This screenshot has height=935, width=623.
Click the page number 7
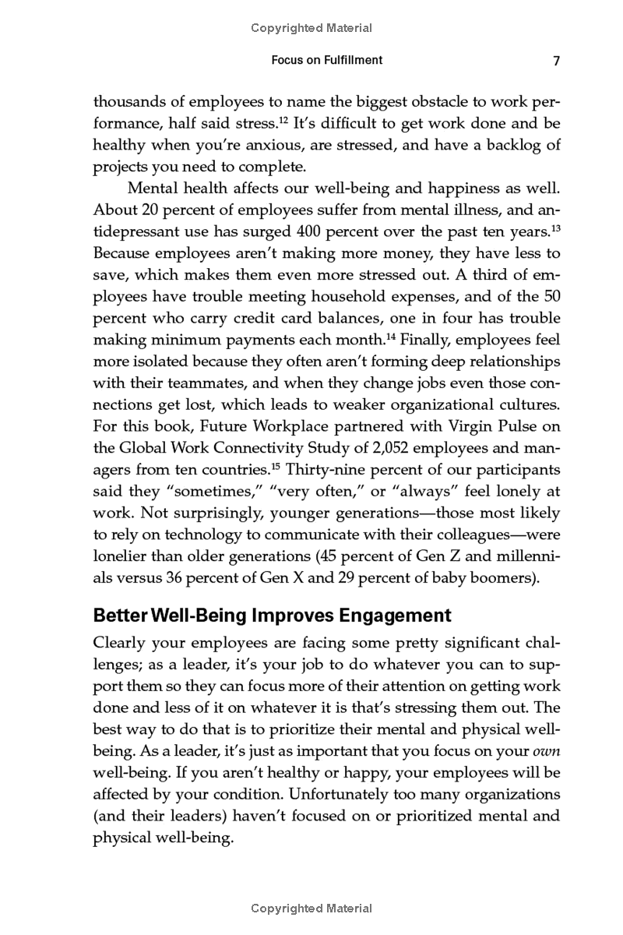pyautogui.click(x=556, y=61)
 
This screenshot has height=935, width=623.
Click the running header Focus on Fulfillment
pyautogui.click(x=326, y=61)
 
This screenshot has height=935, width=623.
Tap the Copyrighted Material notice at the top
pyautogui.click(x=311, y=28)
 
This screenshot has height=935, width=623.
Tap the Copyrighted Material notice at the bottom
pyautogui.click(x=311, y=909)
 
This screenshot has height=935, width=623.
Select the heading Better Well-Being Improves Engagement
pyautogui.click(x=272, y=616)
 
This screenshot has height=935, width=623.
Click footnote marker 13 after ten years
pyautogui.click(x=556, y=228)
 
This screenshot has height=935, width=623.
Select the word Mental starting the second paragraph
pyautogui.click(x=152, y=189)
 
